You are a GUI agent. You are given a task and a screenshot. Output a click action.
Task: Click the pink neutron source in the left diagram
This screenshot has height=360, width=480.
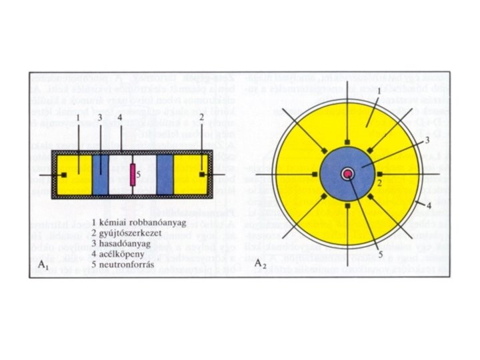coord(132,174)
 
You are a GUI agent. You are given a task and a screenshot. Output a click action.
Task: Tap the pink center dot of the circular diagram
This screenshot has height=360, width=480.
coord(348,174)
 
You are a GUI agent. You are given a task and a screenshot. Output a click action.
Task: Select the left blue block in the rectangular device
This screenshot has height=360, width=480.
coord(101,175)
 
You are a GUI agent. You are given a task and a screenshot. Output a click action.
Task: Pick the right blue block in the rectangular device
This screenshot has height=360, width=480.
coord(165,175)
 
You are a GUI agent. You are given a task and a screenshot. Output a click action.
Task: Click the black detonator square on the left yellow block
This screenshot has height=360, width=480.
coord(65,175)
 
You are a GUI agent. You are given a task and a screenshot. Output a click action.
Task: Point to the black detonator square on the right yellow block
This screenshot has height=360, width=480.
coord(201,175)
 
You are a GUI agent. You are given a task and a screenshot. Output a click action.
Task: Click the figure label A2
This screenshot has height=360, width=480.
coord(258,263)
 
